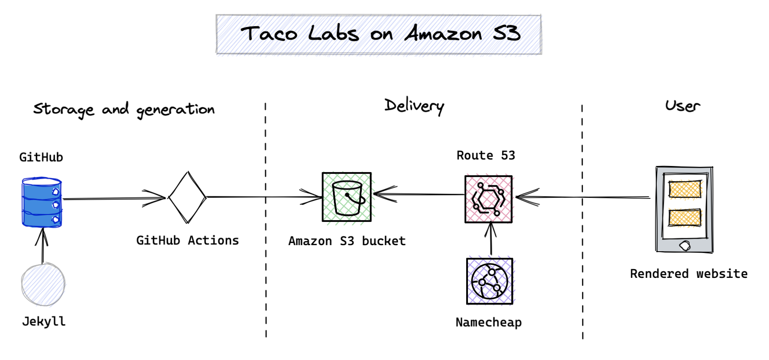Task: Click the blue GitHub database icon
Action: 42,202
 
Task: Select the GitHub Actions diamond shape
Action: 187,197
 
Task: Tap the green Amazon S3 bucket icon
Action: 346,197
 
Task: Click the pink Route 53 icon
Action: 488,199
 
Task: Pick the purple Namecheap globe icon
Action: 490,281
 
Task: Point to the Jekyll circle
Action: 43,284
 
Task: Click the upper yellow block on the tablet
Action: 685,189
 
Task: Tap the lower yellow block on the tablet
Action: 685,218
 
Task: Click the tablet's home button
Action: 685,246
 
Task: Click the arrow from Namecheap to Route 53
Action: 491,239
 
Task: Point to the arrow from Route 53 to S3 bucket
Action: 419,194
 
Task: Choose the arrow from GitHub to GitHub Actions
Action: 114,199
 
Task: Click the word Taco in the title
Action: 269,34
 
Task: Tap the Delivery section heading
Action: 414,106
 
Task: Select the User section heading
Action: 682,106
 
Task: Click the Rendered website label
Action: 689,274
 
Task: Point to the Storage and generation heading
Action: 124,110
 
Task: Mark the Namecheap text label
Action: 488,322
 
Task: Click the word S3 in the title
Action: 507,33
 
